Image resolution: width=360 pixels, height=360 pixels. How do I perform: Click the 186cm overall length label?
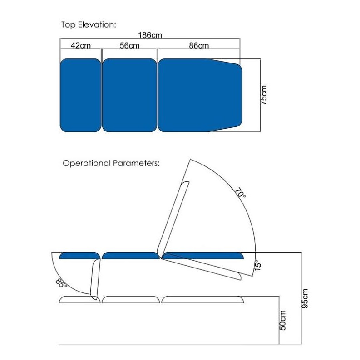coord(150,35)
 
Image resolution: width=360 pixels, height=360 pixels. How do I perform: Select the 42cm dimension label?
coord(81,45)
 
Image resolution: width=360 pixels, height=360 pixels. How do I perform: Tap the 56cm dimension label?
coord(129,45)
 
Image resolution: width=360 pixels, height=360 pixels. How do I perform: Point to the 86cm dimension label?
coord(199,45)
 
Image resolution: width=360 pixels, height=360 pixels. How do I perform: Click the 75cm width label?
coord(264,95)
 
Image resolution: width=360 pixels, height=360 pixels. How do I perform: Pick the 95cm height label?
coord(305,298)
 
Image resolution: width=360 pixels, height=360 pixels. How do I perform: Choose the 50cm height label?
coord(282,320)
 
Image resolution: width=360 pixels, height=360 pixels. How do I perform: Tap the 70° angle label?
coord(241,193)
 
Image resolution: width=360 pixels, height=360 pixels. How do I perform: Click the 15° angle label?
coord(258,265)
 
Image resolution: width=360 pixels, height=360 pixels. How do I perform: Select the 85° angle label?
coord(61,283)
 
